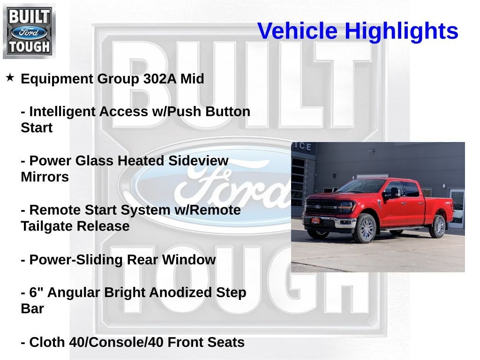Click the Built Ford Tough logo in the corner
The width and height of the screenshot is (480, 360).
point(29,31)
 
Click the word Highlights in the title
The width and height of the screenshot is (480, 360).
point(401,31)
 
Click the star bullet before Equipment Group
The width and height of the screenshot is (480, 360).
point(10,77)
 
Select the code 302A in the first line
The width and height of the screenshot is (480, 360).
point(153,79)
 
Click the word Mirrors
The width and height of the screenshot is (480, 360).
point(45,177)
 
